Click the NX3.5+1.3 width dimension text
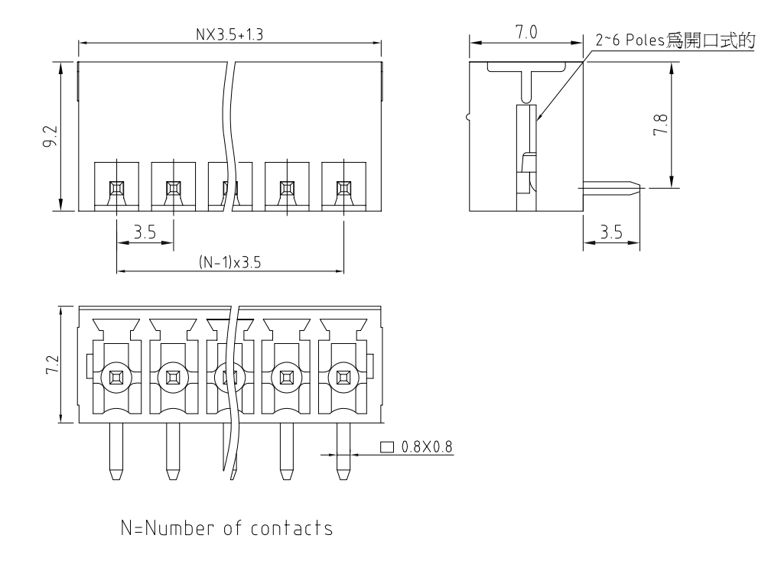(x=230, y=34)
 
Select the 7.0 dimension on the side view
(x=526, y=33)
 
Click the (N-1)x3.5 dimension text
(x=229, y=262)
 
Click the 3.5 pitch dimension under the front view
(x=145, y=232)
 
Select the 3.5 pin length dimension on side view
(x=611, y=233)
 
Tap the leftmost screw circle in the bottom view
(x=116, y=377)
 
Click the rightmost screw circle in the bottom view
(x=343, y=377)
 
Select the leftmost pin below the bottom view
(x=116, y=451)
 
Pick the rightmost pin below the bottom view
(x=343, y=451)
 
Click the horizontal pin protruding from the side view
(x=612, y=187)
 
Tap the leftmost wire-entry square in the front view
(x=116, y=187)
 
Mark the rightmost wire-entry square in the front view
(x=343, y=187)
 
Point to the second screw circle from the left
(x=173, y=377)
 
